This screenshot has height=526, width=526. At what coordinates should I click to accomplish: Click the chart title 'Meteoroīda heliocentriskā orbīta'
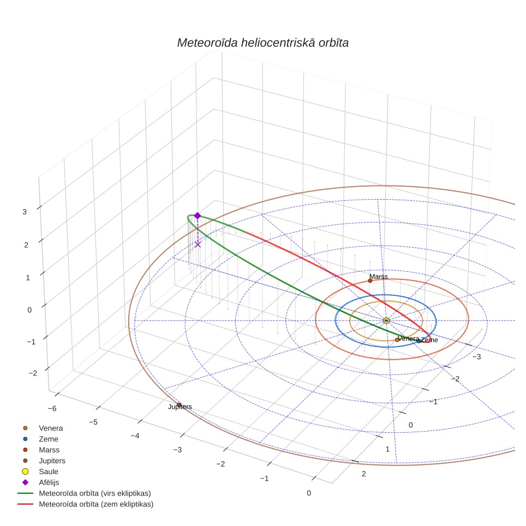pos(262,43)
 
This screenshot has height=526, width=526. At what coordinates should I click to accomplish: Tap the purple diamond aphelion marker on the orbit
pos(198,216)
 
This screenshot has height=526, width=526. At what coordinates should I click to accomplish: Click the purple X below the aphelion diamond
pos(198,244)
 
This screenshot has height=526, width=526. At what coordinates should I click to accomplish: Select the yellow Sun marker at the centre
pos(386,321)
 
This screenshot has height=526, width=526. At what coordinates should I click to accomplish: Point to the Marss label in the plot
pos(379,277)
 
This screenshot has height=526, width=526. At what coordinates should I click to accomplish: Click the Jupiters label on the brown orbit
pos(180,407)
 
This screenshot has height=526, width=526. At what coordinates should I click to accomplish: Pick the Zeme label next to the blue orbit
pos(429,340)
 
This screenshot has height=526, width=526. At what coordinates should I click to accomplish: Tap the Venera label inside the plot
pos(408,338)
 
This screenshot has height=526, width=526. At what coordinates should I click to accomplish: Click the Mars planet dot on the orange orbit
pos(370,281)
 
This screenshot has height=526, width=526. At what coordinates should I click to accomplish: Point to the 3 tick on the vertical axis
pos(25,212)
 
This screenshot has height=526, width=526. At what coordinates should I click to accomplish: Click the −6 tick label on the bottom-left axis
pos(52,409)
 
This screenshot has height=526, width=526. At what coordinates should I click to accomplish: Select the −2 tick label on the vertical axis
pos(33,373)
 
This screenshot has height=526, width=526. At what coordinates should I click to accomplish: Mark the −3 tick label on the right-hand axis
pos(476,357)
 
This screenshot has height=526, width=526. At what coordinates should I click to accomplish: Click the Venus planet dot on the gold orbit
pos(397,340)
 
